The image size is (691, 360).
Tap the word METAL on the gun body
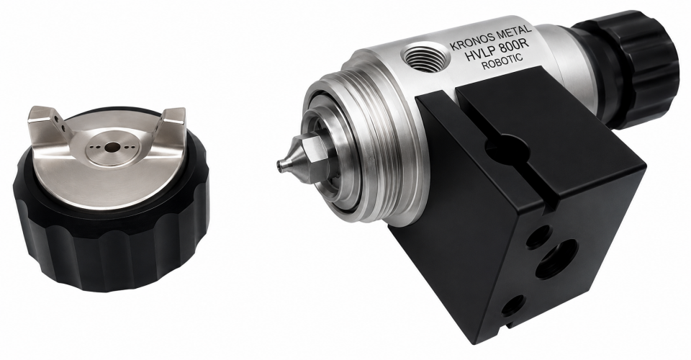[514, 33]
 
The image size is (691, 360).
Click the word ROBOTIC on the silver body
[502, 62]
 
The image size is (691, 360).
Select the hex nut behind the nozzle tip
[315, 155]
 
